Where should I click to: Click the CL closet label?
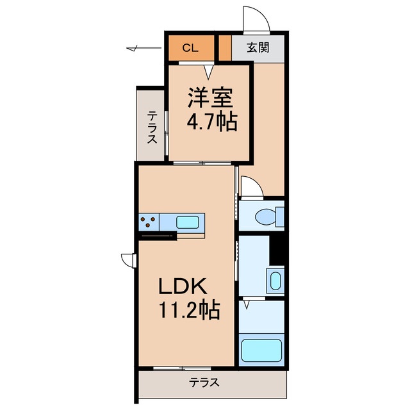tap(190, 47)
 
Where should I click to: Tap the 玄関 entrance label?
tap(258, 47)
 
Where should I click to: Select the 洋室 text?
tap(209, 99)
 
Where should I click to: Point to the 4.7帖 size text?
tap(209, 121)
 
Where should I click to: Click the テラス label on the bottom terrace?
tap(204, 382)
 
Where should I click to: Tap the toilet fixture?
tap(270, 216)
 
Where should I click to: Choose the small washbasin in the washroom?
tap(274, 281)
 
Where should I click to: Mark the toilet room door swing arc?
tap(252, 187)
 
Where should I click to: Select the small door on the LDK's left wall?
tap(129, 260)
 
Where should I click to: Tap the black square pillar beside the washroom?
tap(277, 250)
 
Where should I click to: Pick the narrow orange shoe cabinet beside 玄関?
tap(225, 47)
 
